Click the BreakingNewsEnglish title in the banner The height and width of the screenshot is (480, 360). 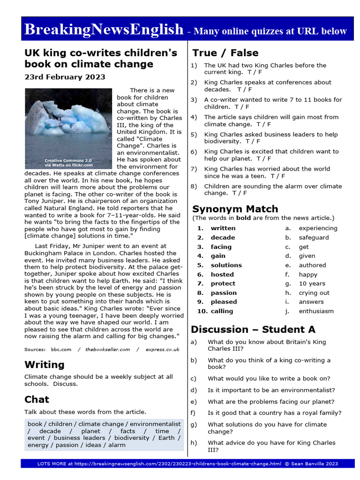click(104, 30)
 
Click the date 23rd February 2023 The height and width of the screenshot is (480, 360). click(65, 77)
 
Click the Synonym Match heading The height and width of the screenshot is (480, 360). click(235, 209)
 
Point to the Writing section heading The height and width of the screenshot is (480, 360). click(44, 364)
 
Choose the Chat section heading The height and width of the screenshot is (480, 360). click(37, 399)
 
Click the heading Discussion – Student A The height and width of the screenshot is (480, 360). click(253, 329)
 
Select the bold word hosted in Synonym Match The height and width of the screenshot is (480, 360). click(222, 274)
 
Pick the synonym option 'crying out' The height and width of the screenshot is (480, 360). click(314, 292)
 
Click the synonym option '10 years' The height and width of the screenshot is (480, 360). click(312, 284)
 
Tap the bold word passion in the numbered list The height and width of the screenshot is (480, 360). click(224, 292)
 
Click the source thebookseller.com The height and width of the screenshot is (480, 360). click(107, 349)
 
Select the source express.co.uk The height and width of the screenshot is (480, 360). click(163, 349)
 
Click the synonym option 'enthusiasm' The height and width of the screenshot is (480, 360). click(316, 311)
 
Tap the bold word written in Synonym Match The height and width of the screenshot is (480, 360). click(223, 228)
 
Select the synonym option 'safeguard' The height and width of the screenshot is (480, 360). click(314, 237)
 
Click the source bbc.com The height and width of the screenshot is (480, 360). click(61, 349)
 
